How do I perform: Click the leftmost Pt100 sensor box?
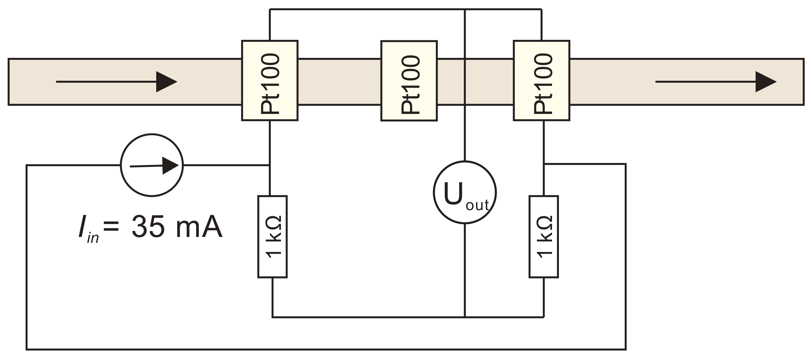point(269,81)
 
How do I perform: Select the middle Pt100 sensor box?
point(409,81)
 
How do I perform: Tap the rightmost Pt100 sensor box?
point(542,81)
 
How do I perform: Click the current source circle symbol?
point(152,165)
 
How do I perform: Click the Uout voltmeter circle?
point(465,192)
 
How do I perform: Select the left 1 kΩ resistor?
point(272,237)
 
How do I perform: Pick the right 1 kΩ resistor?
point(544,237)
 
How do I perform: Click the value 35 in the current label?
point(148,227)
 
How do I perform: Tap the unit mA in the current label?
point(199,227)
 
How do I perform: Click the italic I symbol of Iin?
point(82,227)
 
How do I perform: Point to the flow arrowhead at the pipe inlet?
point(166,81)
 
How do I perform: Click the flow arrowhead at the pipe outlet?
point(766,81)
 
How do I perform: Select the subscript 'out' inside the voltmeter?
point(477,205)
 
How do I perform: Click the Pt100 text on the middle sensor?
point(410,84)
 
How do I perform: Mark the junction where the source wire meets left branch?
point(269,165)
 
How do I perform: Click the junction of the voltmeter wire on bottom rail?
point(465,317)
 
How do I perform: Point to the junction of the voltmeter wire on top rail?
point(465,9)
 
